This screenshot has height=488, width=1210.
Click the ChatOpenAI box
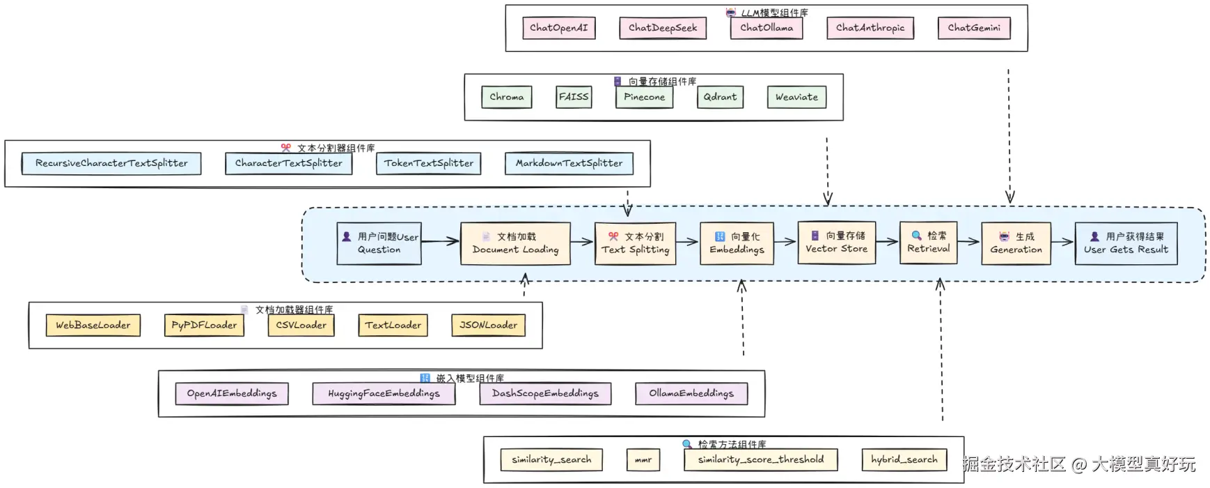[x=558, y=28]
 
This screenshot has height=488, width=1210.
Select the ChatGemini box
[x=973, y=28]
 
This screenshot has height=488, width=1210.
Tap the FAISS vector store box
[x=574, y=97]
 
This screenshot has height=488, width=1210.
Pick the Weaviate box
[x=796, y=97]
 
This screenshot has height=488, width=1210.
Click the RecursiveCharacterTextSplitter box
[x=111, y=163]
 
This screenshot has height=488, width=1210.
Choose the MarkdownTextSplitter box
[x=569, y=163]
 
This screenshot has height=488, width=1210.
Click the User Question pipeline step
[x=379, y=243]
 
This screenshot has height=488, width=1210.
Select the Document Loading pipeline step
[x=515, y=243]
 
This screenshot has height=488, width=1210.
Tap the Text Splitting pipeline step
[x=635, y=243]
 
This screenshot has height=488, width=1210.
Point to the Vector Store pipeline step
[x=836, y=243]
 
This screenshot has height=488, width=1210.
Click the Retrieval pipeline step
[x=928, y=243]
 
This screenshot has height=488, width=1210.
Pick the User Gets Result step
[x=1126, y=243]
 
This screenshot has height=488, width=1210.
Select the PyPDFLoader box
[x=204, y=325]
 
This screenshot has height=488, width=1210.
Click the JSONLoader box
[x=488, y=325]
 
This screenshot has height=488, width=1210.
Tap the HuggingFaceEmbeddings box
[x=384, y=393]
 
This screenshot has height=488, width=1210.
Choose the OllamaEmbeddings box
[x=691, y=393]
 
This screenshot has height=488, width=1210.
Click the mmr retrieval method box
[x=643, y=459]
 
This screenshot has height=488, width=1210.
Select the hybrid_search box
[x=904, y=459]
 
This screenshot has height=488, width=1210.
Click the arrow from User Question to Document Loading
[x=440, y=242]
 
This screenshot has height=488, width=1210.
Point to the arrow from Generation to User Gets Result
[x=1062, y=242]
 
